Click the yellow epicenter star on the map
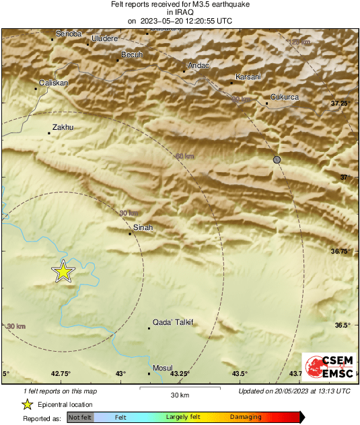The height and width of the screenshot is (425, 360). click(63, 272)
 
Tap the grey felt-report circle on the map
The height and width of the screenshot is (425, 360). click(277, 159)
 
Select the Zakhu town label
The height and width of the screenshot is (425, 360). click(63, 127)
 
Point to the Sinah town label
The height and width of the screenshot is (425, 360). click(143, 228)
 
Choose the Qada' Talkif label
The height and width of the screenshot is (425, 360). click(173, 323)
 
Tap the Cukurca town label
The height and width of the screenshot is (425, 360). click(284, 98)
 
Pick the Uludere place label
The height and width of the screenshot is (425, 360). click(104, 40)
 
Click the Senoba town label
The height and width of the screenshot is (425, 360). click(69, 34)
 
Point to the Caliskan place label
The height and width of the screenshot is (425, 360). click(54, 82)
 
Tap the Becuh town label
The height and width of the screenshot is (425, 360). click(131, 54)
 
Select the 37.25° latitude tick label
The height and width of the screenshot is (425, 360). click(341, 103)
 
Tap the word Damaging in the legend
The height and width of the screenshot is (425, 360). click(246, 417)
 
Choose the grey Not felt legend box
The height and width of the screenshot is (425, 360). click(81, 418)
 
